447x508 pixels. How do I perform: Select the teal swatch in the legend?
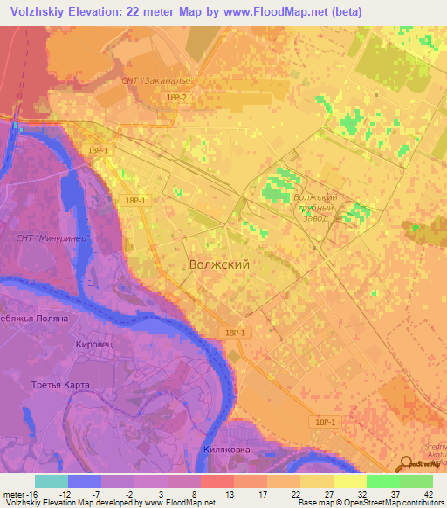(x=51, y=481)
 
